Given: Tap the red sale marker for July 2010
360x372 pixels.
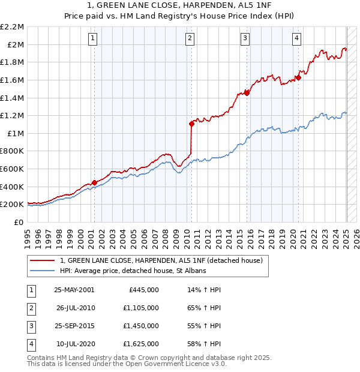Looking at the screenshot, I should click(x=191, y=124).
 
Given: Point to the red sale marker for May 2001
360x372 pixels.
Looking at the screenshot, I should click(x=94, y=182).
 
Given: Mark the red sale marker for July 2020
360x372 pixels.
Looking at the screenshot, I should click(x=298, y=77).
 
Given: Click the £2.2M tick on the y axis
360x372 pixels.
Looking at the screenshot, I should click(x=13, y=27).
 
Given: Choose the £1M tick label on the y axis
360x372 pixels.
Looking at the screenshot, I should click(x=16, y=133).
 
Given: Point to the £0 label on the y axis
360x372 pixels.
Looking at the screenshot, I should click(x=19, y=222).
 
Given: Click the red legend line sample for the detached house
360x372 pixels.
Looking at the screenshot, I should click(x=42, y=261).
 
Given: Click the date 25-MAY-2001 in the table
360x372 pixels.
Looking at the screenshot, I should click(x=74, y=290).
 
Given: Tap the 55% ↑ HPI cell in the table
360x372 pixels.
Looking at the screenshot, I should click(x=204, y=326).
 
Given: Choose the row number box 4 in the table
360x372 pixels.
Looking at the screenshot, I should click(x=31, y=344).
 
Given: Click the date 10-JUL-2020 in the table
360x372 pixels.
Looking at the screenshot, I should click(x=75, y=344).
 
